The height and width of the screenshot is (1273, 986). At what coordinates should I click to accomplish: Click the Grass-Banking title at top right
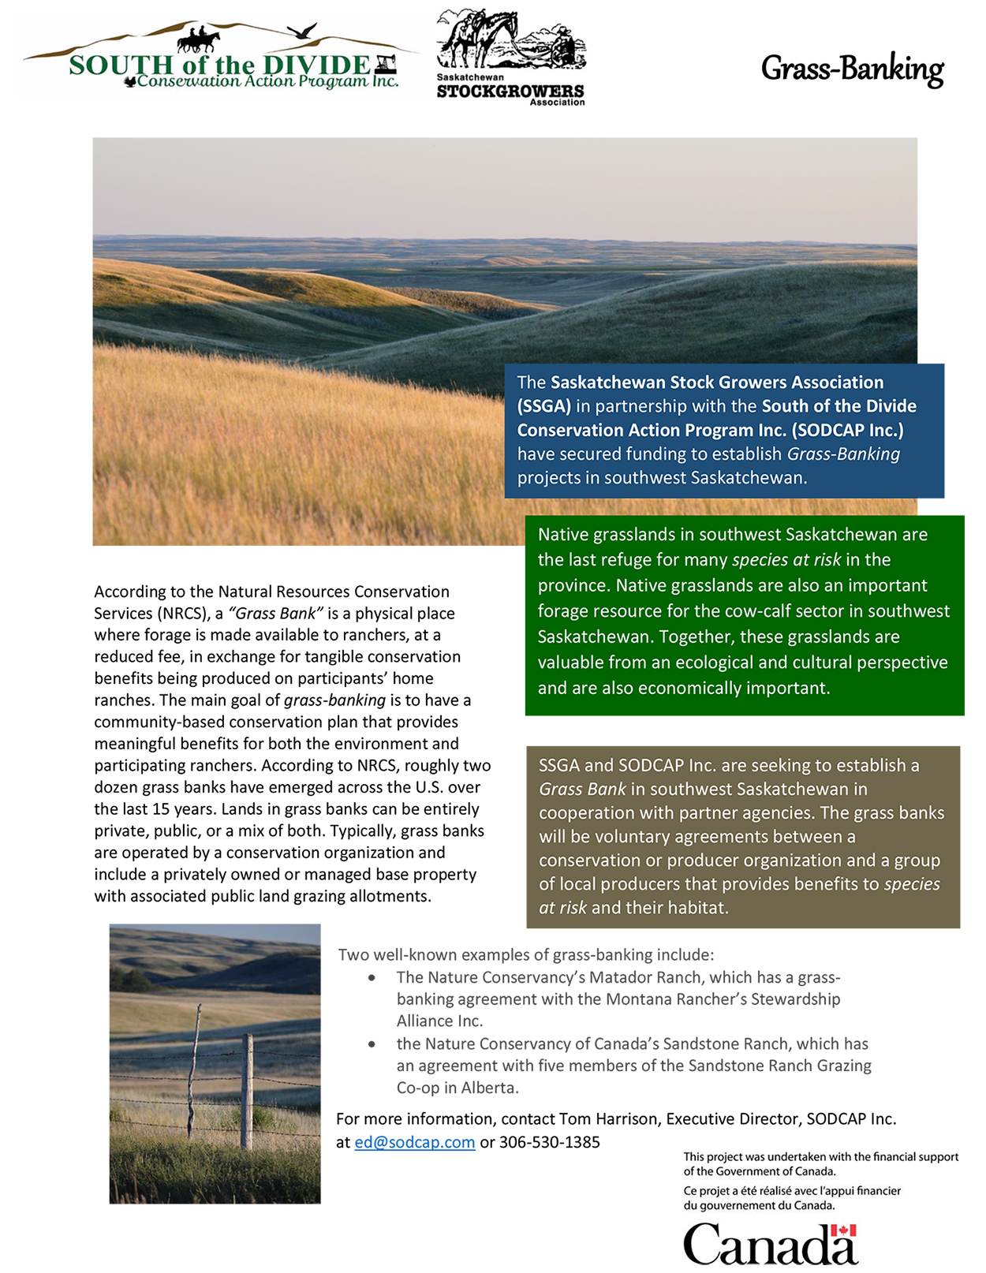[852, 69]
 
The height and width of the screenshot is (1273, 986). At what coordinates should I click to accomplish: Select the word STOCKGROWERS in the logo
[510, 91]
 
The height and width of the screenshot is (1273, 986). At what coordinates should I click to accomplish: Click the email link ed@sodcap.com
[414, 1142]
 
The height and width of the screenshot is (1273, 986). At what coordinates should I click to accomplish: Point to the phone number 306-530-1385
[549, 1142]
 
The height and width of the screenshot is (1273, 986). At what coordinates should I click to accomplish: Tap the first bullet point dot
[372, 978]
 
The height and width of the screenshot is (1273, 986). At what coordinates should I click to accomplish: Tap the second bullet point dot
[372, 1044]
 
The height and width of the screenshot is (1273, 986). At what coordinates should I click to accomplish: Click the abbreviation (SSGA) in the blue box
[543, 406]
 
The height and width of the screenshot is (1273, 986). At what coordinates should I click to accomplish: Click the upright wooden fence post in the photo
[247, 1092]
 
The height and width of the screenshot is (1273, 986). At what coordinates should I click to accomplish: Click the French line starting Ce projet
[791, 1191]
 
